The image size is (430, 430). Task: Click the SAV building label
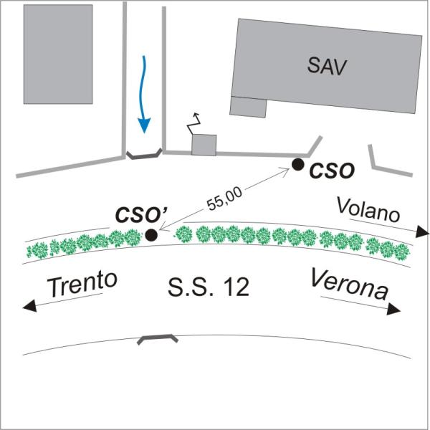coord(327,66)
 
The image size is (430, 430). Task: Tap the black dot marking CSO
coord(297,165)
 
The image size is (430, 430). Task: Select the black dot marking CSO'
coord(151,235)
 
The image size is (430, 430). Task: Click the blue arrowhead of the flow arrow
coord(144,125)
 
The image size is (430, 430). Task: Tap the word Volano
coord(368,210)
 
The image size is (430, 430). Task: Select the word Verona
coord(350,285)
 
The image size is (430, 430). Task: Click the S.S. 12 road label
coord(209,287)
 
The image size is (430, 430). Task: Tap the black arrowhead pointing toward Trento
coord(29,306)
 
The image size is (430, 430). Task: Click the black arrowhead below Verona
coord(393,310)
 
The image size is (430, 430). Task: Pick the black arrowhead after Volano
coord(422,232)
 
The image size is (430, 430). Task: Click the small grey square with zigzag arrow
coord(204,145)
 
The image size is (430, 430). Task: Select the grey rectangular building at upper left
coord(58,54)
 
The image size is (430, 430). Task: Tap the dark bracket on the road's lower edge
coord(158,338)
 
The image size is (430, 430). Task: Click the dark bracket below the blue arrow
coord(144,156)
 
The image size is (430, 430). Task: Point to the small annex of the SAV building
coord(248,107)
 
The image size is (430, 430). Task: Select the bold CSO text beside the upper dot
coord(332,171)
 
